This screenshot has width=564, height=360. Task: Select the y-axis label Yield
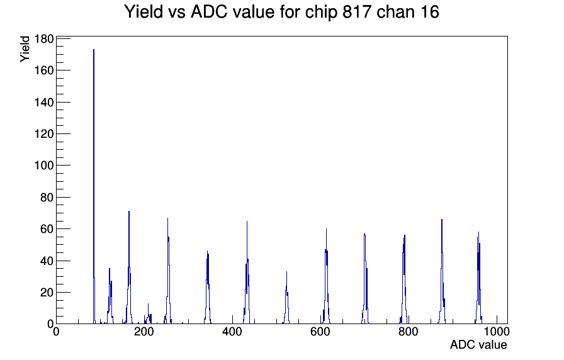point(25,48)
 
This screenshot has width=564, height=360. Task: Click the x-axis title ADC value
point(478,345)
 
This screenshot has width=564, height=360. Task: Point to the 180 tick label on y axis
point(43,39)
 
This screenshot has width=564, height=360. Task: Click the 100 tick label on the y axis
point(43,166)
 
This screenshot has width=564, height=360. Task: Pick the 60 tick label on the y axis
point(47,229)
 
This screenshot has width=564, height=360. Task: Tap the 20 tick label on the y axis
point(47,292)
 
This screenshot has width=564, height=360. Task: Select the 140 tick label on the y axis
point(43,102)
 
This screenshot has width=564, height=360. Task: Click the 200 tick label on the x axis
point(144,333)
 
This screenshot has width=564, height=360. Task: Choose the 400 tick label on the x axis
point(232,333)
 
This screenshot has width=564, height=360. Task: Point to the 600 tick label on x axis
point(320,333)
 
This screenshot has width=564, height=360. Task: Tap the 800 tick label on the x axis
point(409,333)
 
